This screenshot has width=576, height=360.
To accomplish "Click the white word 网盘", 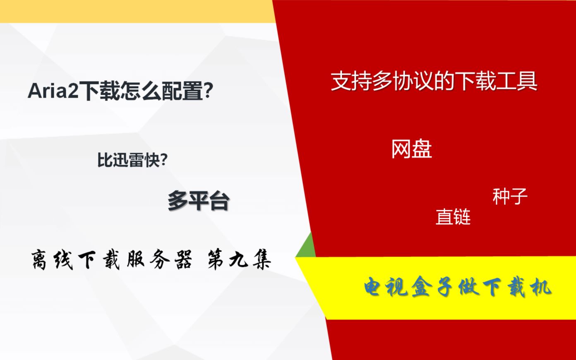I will point(411,149).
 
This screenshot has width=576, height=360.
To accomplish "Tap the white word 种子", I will point(510,196).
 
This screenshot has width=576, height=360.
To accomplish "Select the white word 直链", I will point(453,216).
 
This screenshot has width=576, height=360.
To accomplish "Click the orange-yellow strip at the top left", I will point(137,11).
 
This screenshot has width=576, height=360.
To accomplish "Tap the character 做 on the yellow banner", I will point(468,287).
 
